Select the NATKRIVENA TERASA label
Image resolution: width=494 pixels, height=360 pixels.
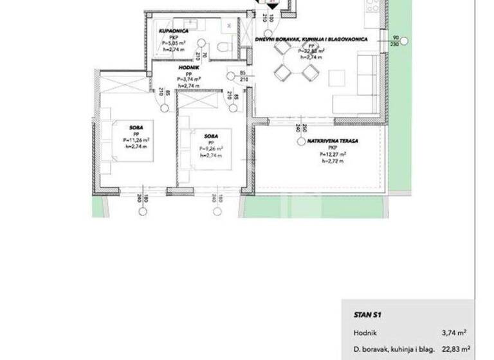[319, 140]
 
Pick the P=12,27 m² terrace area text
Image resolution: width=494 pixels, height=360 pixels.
[333, 154]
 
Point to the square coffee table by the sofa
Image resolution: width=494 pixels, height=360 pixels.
[337, 78]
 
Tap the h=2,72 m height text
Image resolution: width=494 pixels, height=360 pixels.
[333, 161]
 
